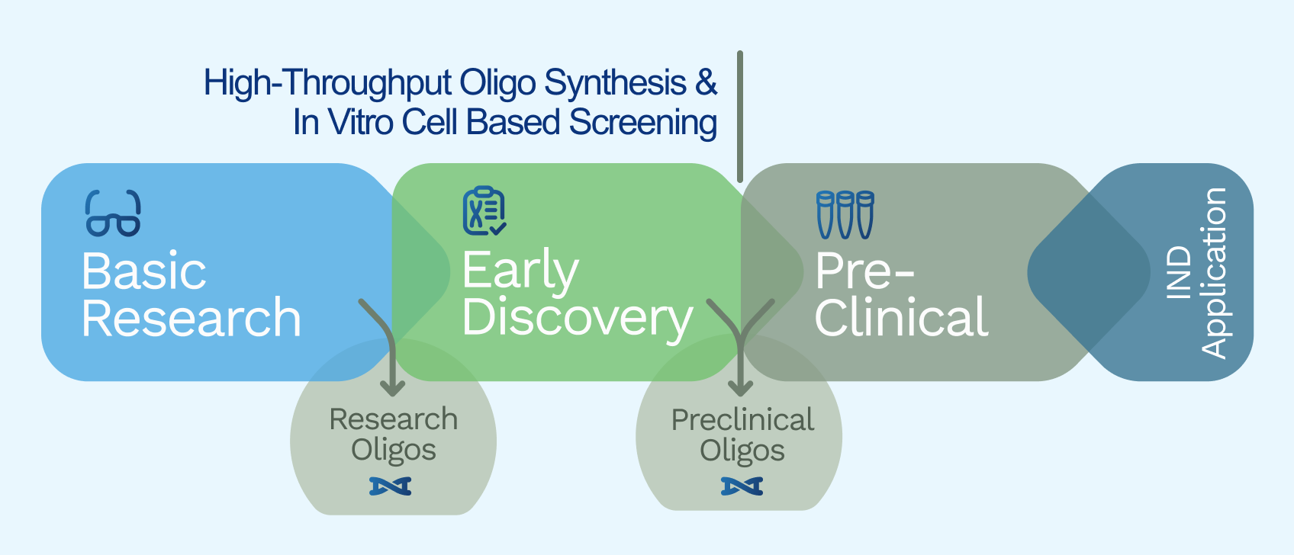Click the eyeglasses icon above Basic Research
tap(113, 213)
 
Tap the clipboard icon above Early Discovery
tap(484, 210)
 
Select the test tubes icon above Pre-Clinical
tap(845, 214)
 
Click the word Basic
tap(143, 271)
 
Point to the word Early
tap(520, 271)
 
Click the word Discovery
tap(577, 318)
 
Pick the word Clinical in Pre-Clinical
tap(901, 318)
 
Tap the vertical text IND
tap(1180, 271)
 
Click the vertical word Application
tap(1214, 272)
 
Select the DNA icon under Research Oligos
tap(391, 486)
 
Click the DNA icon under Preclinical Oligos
tap(742, 486)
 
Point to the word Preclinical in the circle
tap(742, 420)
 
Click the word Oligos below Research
tap(393, 450)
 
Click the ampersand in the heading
tap(706, 82)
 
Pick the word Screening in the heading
tap(642, 123)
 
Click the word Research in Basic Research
tap(191, 319)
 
